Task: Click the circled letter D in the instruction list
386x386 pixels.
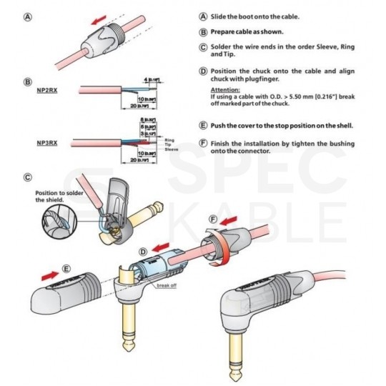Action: point(203,71)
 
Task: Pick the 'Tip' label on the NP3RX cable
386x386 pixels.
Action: point(169,147)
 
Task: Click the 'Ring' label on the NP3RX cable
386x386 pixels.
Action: point(170,141)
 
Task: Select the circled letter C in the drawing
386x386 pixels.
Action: point(27,177)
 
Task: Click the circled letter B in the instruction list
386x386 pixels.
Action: point(203,32)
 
